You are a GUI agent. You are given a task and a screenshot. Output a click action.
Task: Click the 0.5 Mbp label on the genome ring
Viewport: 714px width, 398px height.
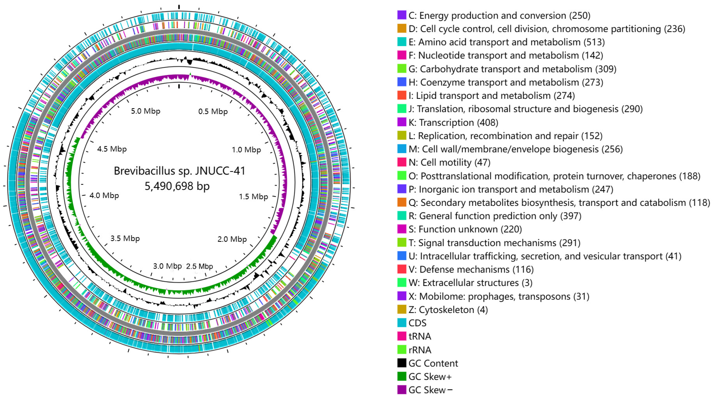click(213, 112)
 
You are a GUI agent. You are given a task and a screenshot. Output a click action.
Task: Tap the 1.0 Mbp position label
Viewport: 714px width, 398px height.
click(246, 150)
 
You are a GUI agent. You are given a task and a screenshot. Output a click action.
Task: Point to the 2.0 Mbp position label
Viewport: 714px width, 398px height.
click(232, 239)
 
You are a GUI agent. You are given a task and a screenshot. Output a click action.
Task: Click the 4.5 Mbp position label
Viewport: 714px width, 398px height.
click(112, 149)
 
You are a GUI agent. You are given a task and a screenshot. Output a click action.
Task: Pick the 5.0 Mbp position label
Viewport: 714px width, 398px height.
click(145, 111)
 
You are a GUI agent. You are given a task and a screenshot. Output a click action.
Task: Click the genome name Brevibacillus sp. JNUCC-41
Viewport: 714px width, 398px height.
click(180, 171)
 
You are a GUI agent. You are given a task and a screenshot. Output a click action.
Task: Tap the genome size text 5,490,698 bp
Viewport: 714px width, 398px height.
click(177, 186)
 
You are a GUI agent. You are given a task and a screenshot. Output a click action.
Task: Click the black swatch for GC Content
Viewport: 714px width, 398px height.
click(402, 363)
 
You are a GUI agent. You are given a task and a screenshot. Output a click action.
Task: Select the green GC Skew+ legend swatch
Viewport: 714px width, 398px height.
click(402, 376)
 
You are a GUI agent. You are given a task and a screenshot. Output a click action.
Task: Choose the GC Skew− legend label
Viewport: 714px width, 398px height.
click(430, 390)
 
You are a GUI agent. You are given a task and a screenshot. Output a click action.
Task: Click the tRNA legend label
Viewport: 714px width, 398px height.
click(420, 336)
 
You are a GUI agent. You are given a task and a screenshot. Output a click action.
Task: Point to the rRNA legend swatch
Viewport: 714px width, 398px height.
click(402, 350)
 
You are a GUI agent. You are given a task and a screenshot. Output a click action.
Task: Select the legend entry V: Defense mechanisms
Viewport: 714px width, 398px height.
click(471, 270)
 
